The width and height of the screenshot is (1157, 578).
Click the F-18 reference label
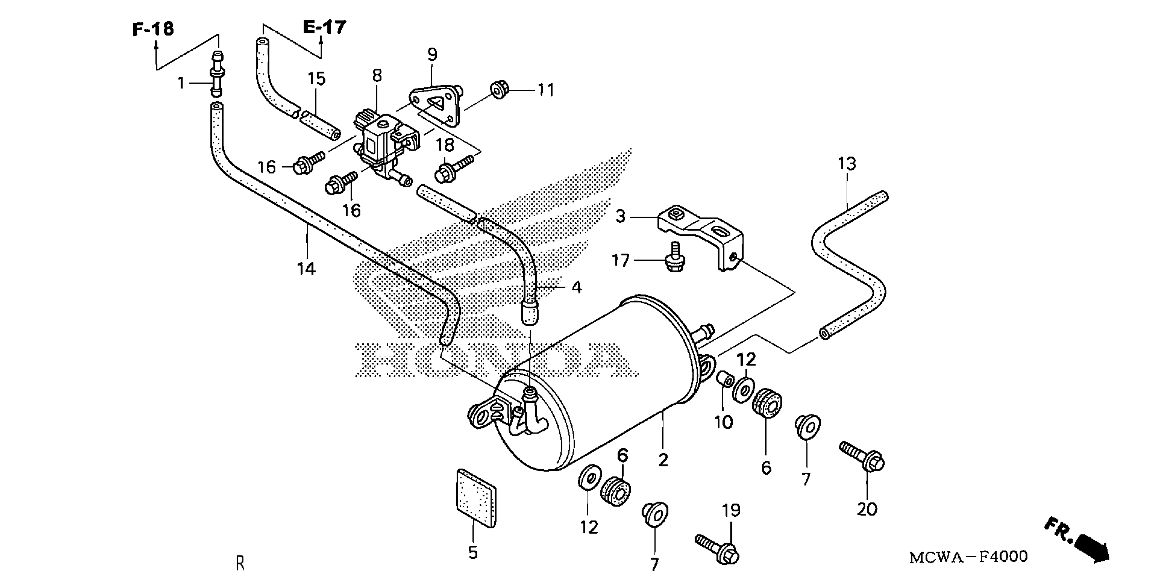click(153, 30)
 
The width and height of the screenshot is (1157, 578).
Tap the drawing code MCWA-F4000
click(968, 557)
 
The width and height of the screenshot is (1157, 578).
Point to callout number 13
click(847, 164)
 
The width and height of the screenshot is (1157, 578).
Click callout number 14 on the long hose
click(306, 269)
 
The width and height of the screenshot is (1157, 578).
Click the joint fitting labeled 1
click(217, 74)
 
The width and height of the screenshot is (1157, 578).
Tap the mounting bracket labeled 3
click(701, 238)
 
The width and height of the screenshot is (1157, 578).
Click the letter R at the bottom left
click(240, 563)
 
